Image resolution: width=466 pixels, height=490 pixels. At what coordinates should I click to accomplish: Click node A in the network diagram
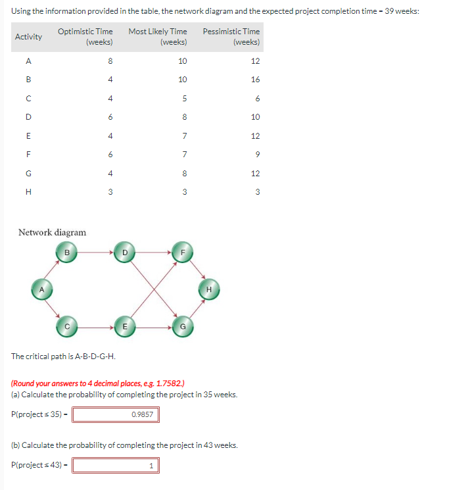[x=41, y=288]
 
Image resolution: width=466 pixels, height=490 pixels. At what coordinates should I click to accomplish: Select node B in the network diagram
[x=66, y=251]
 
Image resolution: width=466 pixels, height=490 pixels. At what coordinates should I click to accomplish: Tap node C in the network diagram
[x=66, y=325]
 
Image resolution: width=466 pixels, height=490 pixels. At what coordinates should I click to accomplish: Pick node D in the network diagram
[x=124, y=251]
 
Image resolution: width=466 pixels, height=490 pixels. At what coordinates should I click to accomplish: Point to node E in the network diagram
[x=124, y=325]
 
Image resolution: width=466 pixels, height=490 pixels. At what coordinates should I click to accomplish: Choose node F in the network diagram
[x=183, y=251]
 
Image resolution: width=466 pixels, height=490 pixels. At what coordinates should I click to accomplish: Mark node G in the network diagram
[x=183, y=325]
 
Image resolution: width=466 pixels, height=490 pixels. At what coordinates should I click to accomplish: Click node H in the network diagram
[x=208, y=288]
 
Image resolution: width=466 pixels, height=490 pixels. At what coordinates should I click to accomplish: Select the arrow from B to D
[x=95, y=251]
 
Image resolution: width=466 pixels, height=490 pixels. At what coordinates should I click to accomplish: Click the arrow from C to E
[x=95, y=325]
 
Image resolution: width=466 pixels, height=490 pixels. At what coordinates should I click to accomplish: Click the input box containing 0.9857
[x=116, y=414]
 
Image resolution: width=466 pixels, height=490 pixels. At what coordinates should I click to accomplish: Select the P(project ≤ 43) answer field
[x=116, y=466]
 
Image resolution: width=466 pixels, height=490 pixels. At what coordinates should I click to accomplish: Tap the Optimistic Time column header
[x=85, y=36]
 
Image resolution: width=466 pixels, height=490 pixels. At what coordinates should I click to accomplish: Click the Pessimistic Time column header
[x=231, y=36]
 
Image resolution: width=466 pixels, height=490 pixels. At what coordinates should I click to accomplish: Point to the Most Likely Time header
[x=158, y=36]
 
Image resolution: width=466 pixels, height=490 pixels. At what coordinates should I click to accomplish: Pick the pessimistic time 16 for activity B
[x=255, y=80]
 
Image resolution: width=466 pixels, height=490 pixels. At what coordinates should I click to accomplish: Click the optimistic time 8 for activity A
[x=110, y=61]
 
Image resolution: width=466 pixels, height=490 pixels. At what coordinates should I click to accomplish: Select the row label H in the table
[x=28, y=192]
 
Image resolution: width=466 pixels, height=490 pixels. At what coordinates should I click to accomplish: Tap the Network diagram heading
[x=52, y=232]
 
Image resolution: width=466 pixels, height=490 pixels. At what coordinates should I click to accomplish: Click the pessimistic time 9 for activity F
[x=257, y=155]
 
